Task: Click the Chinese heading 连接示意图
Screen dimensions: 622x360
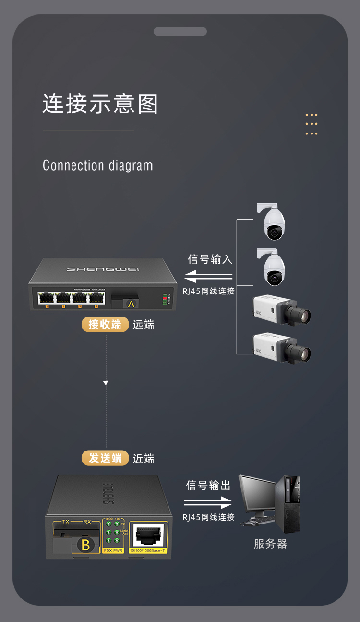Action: pyautogui.click(x=100, y=104)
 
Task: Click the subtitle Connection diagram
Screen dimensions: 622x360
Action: pyautogui.click(x=97, y=166)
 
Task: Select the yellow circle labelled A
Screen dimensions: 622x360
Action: pyautogui.click(x=131, y=304)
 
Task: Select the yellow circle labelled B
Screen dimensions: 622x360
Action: pyautogui.click(x=86, y=545)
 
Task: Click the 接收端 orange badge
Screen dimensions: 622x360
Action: pyautogui.click(x=105, y=325)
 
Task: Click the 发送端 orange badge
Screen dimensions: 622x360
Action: pyautogui.click(x=105, y=458)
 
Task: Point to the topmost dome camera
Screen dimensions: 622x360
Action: pyautogui.click(x=273, y=222)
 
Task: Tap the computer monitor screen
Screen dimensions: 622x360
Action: pyautogui.click(x=258, y=495)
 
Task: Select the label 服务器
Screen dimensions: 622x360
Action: pyautogui.click(x=270, y=544)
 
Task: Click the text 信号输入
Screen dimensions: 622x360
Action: pyautogui.click(x=210, y=259)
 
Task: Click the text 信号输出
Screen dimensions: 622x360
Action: pyautogui.click(x=208, y=486)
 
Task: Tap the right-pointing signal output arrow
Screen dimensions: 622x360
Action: pyautogui.click(x=208, y=503)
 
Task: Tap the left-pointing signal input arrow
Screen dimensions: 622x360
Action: pyautogui.click(x=208, y=277)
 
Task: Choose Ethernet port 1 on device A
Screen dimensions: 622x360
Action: pyautogui.click(x=47, y=297)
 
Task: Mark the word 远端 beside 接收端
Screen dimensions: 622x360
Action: pyautogui.click(x=144, y=325)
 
